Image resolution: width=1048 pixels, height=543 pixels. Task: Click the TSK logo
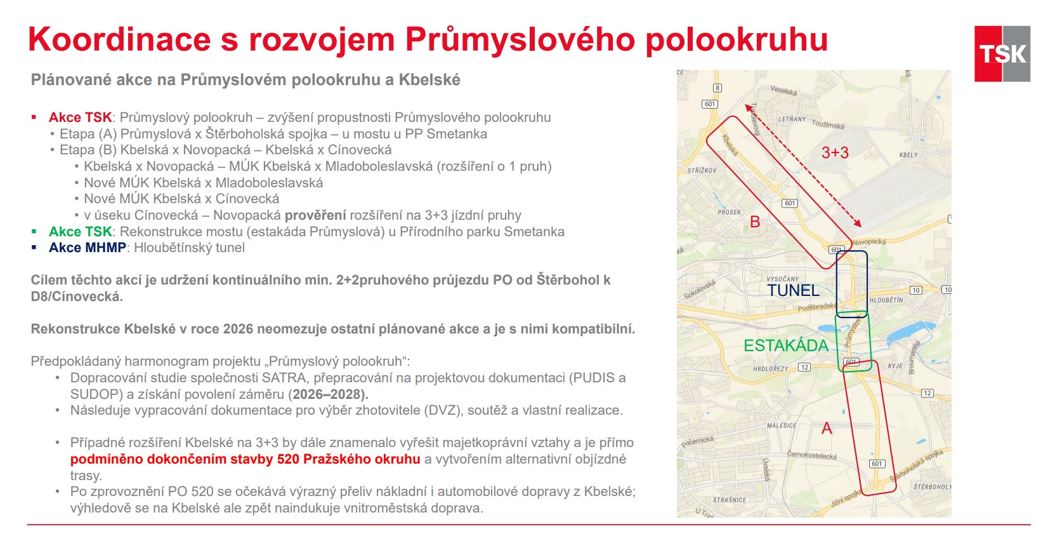pos(1002,53)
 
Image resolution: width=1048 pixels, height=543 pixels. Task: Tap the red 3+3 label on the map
pos(834,152)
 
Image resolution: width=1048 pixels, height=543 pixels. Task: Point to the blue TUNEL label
pos(793,290)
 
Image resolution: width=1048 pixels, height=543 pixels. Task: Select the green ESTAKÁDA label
pos(786,345)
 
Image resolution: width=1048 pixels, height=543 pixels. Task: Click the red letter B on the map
pos(755,222)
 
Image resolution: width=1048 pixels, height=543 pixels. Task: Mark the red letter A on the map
pos(827,429)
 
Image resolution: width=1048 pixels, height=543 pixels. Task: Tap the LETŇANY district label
pos(792,119)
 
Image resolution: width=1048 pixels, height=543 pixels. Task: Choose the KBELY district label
pos(908,155)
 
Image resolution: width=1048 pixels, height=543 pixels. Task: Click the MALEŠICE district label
pos(782,426)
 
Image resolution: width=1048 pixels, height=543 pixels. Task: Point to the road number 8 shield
pos(717,88)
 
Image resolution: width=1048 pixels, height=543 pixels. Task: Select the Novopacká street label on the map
pos(869,242)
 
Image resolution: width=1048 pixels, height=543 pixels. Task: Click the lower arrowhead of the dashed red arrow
pos(858,223)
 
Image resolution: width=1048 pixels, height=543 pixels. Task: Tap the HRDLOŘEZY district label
pos(771,368)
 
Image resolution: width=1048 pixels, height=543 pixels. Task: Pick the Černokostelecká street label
pos(811,455)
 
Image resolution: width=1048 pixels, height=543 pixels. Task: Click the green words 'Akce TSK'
pos(80,232)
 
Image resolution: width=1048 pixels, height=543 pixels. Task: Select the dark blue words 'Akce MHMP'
pos(87,248)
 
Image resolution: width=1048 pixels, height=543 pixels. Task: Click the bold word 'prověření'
pos(315,215)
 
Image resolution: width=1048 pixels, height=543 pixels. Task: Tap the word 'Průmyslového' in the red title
pos(520,39)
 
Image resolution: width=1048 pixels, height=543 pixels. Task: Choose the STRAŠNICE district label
pos(730,500)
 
